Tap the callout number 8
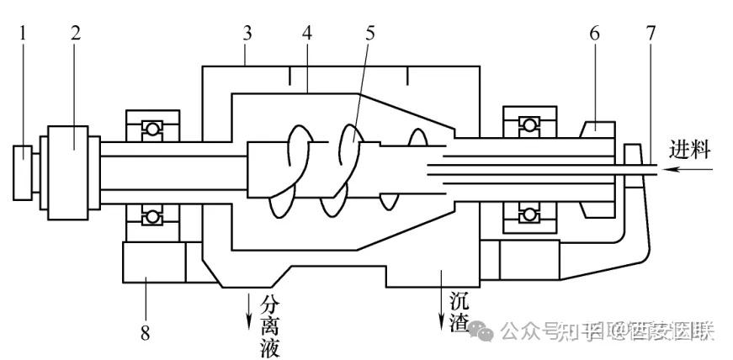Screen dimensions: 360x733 [x=145, y=333]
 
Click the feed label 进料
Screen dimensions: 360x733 [x=690, y=151]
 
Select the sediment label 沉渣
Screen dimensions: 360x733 [x=459, y=310]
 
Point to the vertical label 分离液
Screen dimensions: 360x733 [x=268, y=325]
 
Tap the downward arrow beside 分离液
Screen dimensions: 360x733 [x=249, y=310]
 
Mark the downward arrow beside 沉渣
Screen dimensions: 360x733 [x=440, y=311]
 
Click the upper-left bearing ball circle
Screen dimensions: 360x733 [x=151, y=129]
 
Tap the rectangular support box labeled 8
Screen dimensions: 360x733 [x=153, y=262]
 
